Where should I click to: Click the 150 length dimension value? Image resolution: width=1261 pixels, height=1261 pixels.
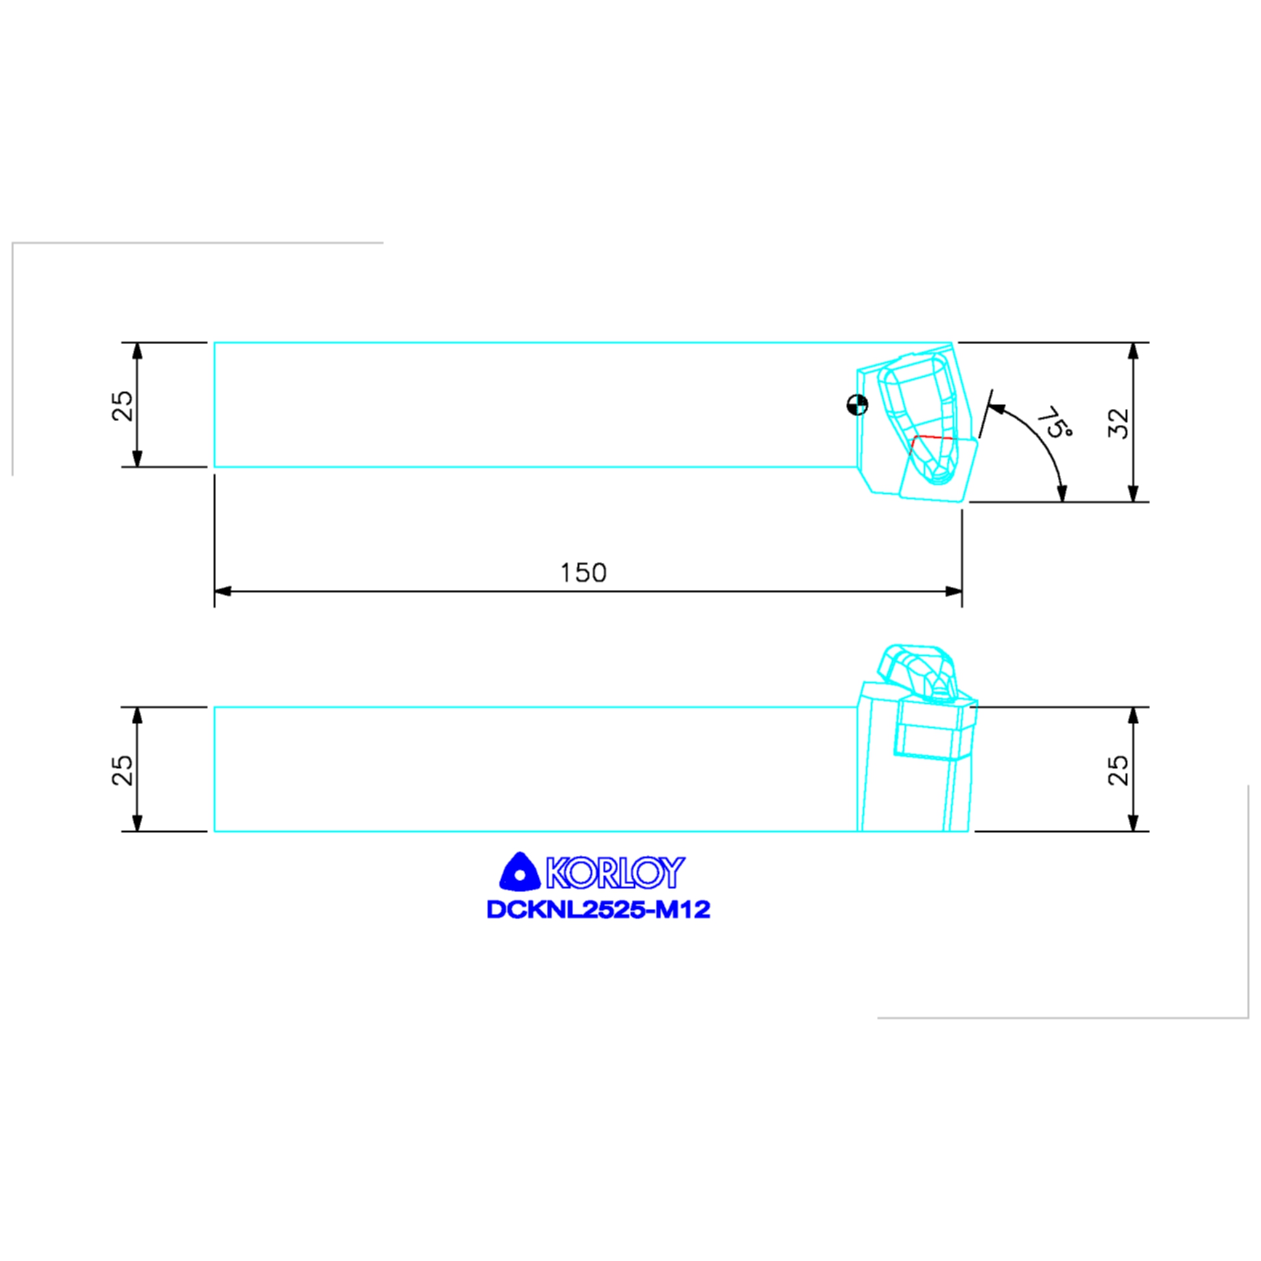584,573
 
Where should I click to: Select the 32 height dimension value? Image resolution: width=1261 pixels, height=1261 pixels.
1119,423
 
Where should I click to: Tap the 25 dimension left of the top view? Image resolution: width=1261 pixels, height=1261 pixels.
123,405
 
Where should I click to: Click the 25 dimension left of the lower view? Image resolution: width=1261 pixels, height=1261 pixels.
123,770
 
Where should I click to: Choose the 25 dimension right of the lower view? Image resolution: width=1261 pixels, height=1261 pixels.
1119,770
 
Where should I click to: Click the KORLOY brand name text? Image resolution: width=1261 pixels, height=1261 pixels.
616,872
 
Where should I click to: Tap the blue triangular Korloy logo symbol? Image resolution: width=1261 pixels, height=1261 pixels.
519,872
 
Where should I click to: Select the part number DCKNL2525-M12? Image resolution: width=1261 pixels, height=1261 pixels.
598,910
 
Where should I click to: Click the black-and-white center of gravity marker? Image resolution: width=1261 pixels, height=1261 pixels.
857,405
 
